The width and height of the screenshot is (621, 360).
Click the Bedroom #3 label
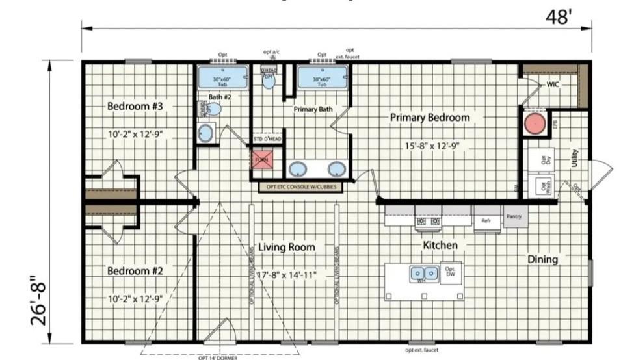click(x=135, y=106)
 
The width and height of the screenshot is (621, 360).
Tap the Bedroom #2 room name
click(x=135, y=270)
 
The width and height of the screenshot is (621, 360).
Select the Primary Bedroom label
click(x=429, y=118)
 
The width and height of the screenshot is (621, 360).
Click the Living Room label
click(x=287, y=247)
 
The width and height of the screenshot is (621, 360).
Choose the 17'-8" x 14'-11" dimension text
click(x=287, y=276)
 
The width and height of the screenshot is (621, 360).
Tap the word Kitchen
click(x=440, y=246)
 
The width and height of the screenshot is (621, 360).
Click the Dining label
click(x=542, y=259)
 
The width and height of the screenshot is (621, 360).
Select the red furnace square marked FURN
click(x=261, y=159)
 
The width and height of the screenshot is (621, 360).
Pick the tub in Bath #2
click(x=222, y=78)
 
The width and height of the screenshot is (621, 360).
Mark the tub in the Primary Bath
click(x=322, y=78)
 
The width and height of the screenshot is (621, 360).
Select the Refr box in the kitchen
click(x=486, y=220)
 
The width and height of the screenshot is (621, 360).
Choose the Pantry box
click(x=515, y=216)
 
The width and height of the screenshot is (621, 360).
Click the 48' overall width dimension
click(x=558, y=18)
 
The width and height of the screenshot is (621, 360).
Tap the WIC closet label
click(x=553, y=84)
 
